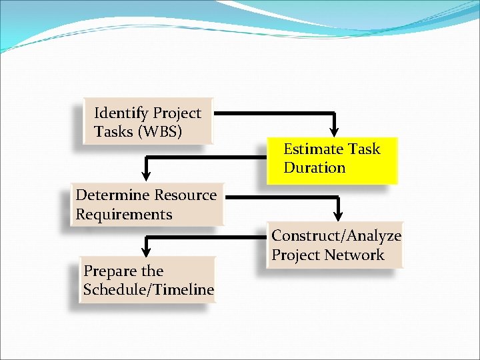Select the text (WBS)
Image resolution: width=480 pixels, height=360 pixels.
pos(159,132)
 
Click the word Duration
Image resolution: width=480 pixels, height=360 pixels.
pos(314,168)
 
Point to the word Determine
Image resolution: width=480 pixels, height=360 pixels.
pos(113,195)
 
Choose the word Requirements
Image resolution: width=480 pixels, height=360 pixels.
pos(124,215)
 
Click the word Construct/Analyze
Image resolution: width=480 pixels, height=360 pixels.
pos(336,236)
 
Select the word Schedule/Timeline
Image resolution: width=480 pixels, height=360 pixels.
pos(149,290)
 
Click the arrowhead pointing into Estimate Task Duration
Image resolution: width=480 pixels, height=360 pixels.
pos(334,129)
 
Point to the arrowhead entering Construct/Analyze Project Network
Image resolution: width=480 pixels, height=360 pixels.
pos(338,213)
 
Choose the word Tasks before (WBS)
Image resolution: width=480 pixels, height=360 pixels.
pos(113,132)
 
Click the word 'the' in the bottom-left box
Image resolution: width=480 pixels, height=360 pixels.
pos(152,271)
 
